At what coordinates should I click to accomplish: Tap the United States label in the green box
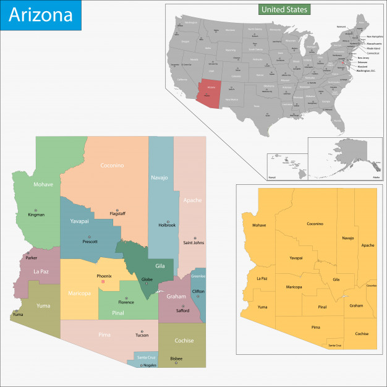[x=284, y=10]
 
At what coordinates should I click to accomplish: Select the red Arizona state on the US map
[x=213, y=90]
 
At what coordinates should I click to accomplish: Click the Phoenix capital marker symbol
[x=103, y=282]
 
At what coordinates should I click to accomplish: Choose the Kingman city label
[x=36, y=215]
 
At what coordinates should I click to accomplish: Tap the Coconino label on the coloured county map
[x=113, y=165]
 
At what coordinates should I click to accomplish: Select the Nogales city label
[x=151, y=365]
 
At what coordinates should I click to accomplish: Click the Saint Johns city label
[x=193, y=242]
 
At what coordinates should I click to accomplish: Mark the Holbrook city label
[x=167, y=225]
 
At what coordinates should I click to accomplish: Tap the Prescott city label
[x=90, y=242]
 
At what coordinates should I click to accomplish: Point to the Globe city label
[x=147, y=279]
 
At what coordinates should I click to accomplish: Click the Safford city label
[x=181, y=310]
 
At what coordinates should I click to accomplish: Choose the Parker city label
[x=32, y=258]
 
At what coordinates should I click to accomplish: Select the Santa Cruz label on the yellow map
[x=334, y=346]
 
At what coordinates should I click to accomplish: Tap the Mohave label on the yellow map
[x=259, y=225]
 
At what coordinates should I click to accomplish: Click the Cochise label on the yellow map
[x=362, y=334]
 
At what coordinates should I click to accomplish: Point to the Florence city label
[x=126, y=302]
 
